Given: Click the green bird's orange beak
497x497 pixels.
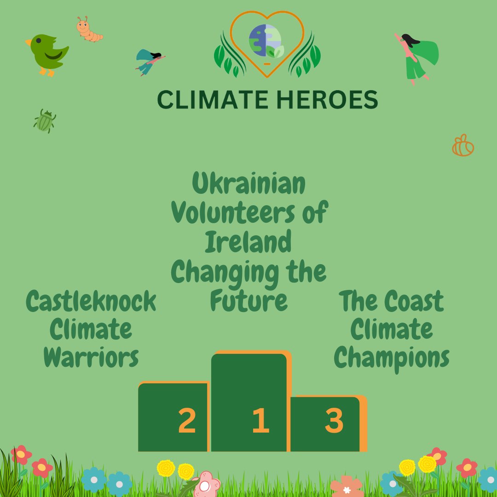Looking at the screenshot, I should click(29, 42).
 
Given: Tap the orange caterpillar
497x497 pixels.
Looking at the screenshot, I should click(88, 30).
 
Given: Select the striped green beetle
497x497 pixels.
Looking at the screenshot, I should click(45, 121).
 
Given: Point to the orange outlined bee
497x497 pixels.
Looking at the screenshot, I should click(463, 146).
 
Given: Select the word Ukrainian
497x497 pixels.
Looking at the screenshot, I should click(249, 184).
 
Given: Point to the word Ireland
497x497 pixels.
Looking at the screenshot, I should click(248, 242).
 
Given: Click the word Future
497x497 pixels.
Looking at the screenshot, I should click(248, 301).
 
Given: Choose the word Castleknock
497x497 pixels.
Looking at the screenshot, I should click(91, 301).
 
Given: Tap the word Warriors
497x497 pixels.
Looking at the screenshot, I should click(91, 358).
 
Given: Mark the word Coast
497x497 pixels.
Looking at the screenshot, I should click(414, 301).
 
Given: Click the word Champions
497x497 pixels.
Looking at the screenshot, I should click(392, 358).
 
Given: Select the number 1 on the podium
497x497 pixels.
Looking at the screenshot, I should click(260, 421).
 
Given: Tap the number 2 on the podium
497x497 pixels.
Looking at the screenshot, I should click(187, 421).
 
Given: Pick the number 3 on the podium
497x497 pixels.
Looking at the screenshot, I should click(334, 421).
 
